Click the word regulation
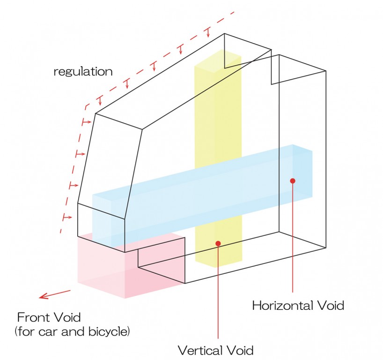pyautogui.click(x=83, y=72)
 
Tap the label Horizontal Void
pyautogui.click(x=298, y=306)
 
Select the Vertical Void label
pyautogui.click(x=215, y=350)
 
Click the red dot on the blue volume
pyautogui.click(x=293, y=180)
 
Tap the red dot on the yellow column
pyautogui.click(x=218, y=243)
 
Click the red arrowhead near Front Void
pyautogui.click(x=44, y=296)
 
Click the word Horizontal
pyautogui.click(x=280, y=306)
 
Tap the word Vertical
pyautogui.click(x=199, y=350)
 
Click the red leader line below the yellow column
pyautogui.click(x=218, y=300)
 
